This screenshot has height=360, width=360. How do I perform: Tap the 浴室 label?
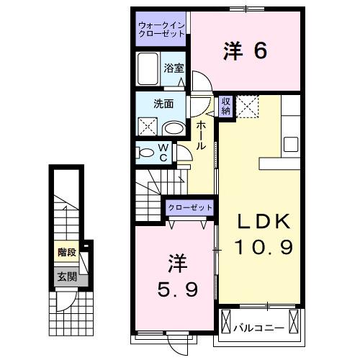pos(173,69)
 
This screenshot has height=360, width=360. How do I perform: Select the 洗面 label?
pos(163,103)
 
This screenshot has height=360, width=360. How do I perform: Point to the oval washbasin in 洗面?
pos(173,128)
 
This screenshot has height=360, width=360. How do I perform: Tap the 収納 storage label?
pos(226,106)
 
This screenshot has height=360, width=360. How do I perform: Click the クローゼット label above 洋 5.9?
pos(190,207)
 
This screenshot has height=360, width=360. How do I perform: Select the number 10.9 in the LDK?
pos(263,248)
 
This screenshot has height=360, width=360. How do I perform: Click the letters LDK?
pos(263,221)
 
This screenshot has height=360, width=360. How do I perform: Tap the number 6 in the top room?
pos(259,50)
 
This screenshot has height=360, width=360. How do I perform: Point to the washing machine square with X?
pos(148,127)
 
